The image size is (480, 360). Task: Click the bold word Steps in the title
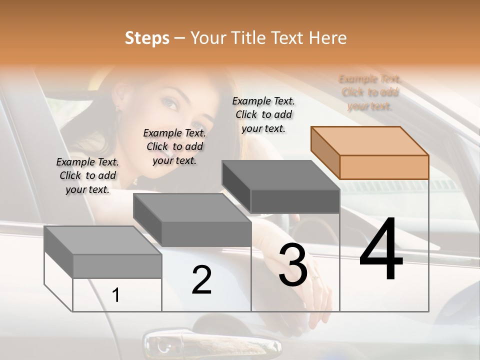pyautogui.click(x=147, y=38)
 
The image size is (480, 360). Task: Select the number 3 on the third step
pyautogui.click(x=293, y=265)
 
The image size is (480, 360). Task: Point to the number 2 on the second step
pyautogui.click(x=202, y=280)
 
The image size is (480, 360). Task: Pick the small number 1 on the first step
pyautogui.click(x=116, y=295)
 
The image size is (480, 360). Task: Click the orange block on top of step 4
pyautogui.click(x=370, y=152)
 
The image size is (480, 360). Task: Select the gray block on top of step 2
pyautogui.click(x=192, y=220)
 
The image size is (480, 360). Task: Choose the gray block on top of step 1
pyautogui.click(x=103, y=252)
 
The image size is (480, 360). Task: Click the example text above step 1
pyautogui.click(x=87, y=175)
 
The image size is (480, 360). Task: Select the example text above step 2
pyautogui.click(x=174, y=146)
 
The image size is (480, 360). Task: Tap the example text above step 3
pyautogui.click(x=263, y=114)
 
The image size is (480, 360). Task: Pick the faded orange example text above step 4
pyautogui.click(x=370, y=92)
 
